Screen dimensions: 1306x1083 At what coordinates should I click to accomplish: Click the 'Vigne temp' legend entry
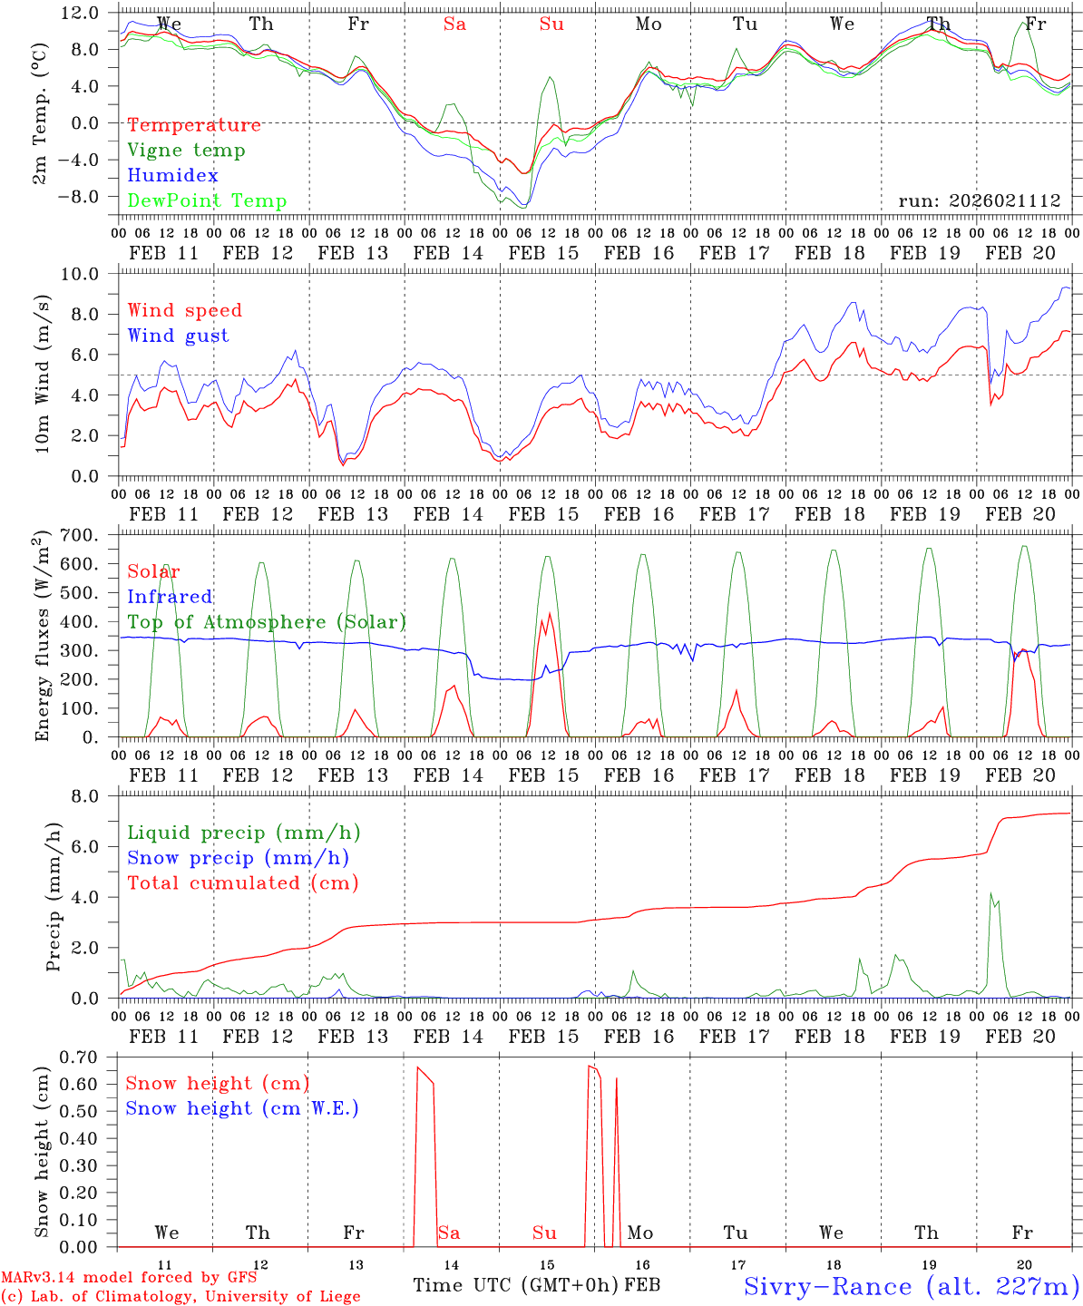click(186, 151)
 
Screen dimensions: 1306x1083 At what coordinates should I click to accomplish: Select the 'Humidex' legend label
click(172, 176)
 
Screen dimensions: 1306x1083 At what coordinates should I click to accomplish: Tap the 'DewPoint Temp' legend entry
click(207, 201)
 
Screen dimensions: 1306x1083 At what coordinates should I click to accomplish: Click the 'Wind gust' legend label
click(178, 336)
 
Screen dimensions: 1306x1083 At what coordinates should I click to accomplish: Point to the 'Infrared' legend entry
click(170, 597)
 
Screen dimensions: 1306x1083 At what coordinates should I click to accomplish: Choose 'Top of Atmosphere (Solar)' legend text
click(267, 622)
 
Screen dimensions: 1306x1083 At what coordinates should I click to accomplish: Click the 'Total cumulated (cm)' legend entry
click(242, 883)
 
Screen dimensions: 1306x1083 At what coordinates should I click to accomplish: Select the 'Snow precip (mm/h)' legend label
click(238, 858)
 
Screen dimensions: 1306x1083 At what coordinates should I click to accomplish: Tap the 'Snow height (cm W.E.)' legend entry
click(242, 1108)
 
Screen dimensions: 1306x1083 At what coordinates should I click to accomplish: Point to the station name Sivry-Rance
click(911, 1286)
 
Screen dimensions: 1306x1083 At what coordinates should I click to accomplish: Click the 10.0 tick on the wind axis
click(91, 274)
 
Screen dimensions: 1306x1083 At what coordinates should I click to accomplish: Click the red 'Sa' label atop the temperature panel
click(454, 24)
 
